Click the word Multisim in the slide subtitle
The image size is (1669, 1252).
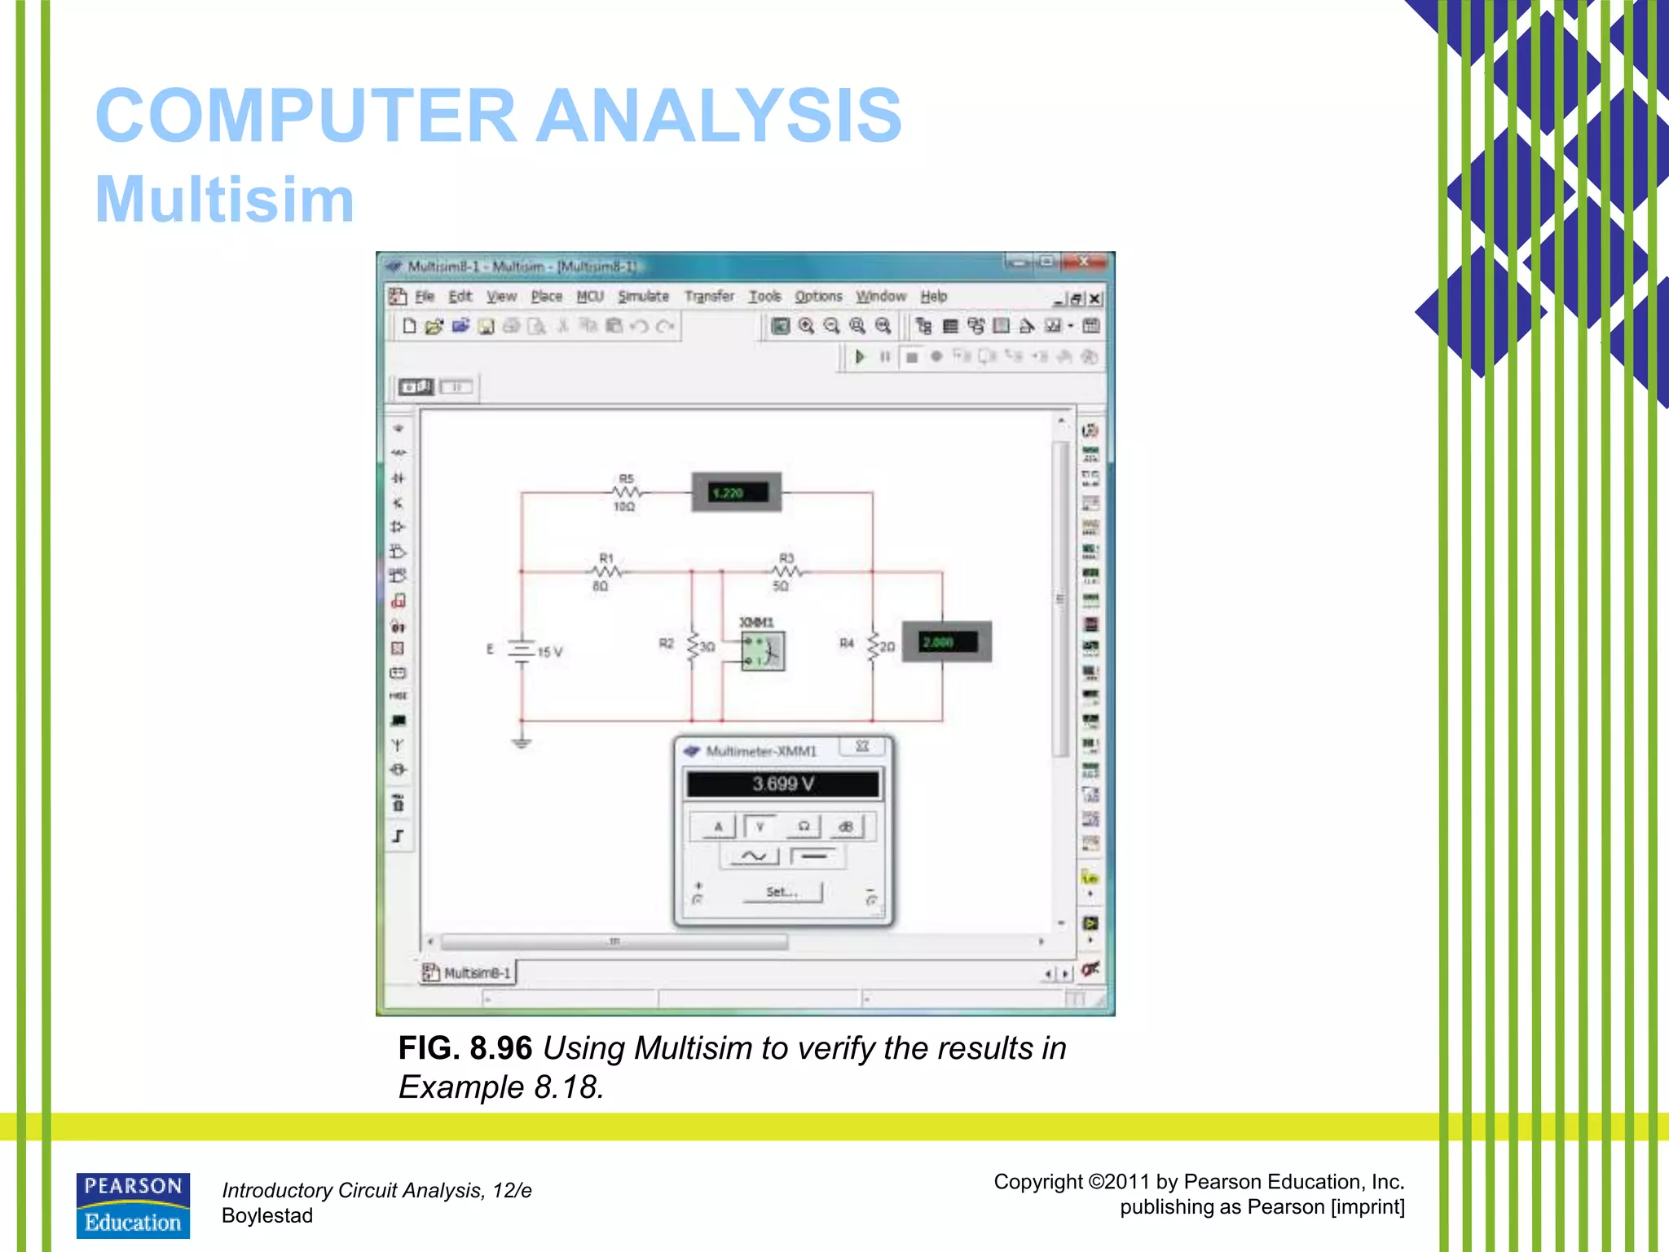[x=225, y=200]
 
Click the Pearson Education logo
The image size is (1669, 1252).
[x=133, y=1205]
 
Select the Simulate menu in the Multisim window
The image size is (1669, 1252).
[x=643, y=297]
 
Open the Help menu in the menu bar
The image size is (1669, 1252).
[x=934, y=297]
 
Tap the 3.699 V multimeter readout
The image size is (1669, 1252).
[x=782, y=784]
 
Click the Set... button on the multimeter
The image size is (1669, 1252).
[x=782, y=893]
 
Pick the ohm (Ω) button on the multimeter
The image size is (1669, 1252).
[x=804, y=827]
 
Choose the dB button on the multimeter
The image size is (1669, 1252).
[x=846, y=827]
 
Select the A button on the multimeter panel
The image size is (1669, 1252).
[x=718, y=827]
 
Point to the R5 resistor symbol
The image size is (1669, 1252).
[x=626, y=492]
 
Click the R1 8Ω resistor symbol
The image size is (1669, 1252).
[x=606, y=571]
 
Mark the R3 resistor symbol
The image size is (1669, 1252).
[x=786, y=571]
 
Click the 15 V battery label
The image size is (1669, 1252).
[x=550, y=652]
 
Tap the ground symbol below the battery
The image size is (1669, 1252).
[x=522, y=743]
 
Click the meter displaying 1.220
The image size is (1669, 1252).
[x=737, y=492]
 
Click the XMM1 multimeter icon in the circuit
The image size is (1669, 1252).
[x=763, y=651]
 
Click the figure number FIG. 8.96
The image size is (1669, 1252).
[x=465, y=1048]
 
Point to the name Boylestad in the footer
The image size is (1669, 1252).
[x=267, y=1216]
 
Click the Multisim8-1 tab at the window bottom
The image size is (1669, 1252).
[x=469, y=972]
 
